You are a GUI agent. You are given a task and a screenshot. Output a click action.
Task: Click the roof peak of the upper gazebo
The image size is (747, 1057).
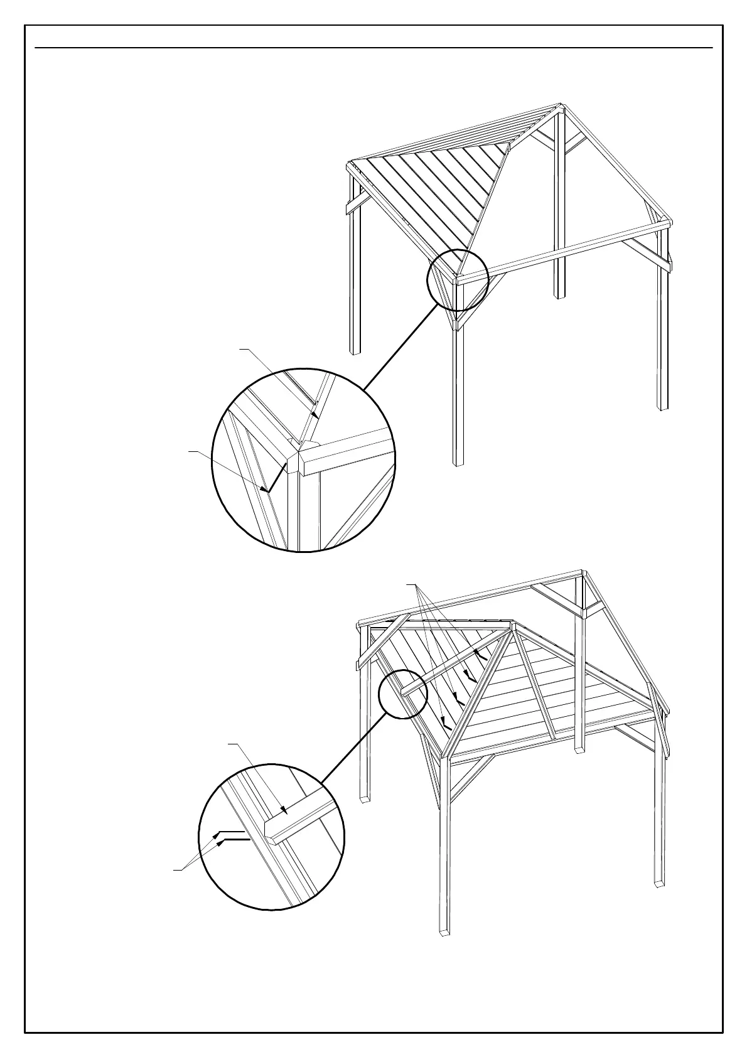(559, 106)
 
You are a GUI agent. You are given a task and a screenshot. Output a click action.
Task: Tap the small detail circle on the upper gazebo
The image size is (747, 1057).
(458, 279)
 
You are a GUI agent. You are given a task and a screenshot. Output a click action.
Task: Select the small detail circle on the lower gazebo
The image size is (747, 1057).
(403, 694)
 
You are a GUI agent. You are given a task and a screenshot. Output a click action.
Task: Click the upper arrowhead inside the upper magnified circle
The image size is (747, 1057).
(313, 414)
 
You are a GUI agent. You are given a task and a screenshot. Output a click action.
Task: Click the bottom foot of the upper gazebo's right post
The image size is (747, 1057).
(663, 407)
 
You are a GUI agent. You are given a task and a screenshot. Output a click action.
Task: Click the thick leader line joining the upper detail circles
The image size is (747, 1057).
(400, 346)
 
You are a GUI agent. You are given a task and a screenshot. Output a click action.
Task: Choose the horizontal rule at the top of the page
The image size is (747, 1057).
(373, 48)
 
